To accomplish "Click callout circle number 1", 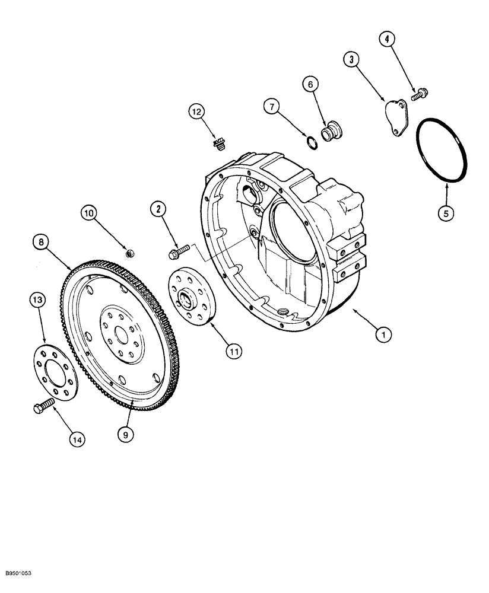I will [x=384, y=335].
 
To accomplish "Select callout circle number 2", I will [x=158, y=208].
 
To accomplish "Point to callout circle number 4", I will [x=386, y=40].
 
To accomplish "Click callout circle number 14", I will [x=77, y=439].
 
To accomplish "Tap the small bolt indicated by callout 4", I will [x=420, y=92].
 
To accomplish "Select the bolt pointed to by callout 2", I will [x=176, y=254].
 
